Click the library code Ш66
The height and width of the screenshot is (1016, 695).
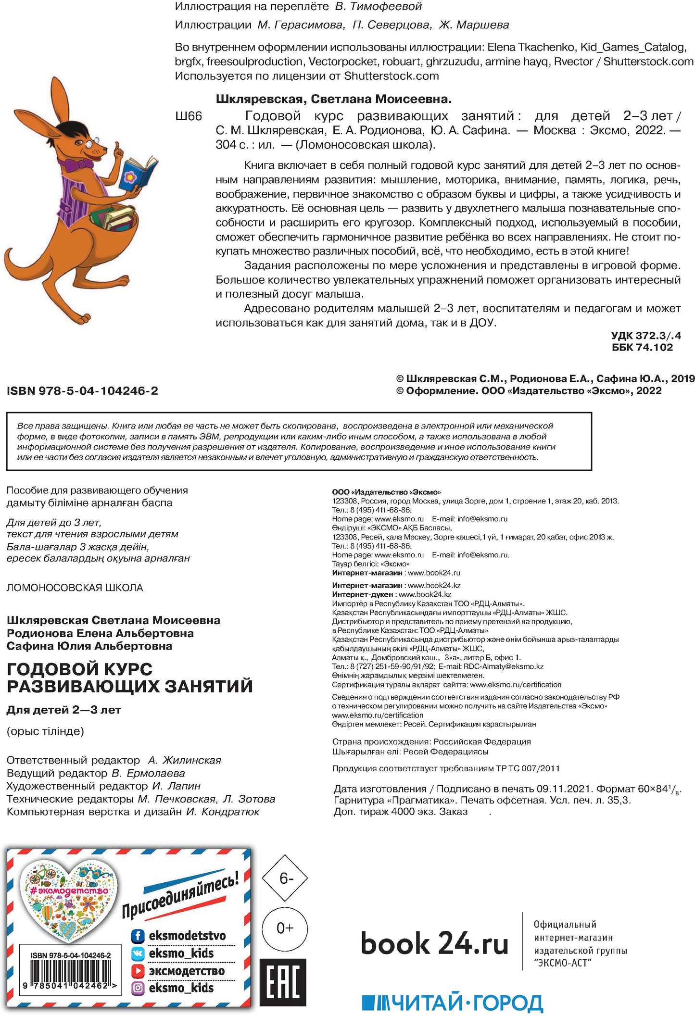[189, 116]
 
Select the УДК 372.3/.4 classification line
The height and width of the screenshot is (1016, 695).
[645, 336]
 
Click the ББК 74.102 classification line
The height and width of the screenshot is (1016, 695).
[642, 348]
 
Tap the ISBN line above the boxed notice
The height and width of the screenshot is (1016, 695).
[82, 391]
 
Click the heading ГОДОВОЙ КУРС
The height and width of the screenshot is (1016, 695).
[79, 669]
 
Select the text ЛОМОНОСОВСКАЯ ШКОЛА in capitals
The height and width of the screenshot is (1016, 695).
[75, 588]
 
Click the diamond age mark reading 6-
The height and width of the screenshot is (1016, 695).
[285, 878]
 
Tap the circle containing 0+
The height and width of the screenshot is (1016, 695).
[285, 928]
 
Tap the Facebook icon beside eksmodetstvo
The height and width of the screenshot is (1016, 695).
[138, 936]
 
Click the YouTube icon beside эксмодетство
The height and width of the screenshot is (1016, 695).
[138, 971]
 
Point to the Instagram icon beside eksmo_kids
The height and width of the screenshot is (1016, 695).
[138, 988]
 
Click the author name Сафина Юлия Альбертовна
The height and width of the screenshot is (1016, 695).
[89, 646]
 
